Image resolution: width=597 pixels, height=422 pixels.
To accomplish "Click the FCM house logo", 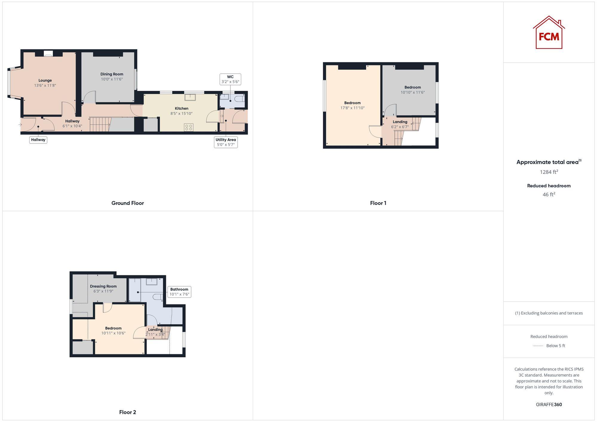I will tap(549, 33).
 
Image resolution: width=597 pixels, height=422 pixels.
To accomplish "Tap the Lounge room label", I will tap(45, 80).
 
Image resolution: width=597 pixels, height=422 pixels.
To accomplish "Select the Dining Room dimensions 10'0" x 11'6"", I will tap(112, 79).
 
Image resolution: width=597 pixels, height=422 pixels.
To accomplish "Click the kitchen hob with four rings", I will tap(189, 127).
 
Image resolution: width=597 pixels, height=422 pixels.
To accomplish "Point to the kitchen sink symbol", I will tap(190, 97).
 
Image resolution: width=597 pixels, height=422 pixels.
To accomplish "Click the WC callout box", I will tap(230, 79).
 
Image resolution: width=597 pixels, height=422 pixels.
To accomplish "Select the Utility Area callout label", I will tap(226, 142).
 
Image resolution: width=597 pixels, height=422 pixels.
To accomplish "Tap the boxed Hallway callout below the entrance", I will tap(38, 140).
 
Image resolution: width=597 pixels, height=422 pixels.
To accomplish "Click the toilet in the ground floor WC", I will tap(240, 99).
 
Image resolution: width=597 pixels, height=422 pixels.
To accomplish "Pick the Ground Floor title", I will tap(127, 203).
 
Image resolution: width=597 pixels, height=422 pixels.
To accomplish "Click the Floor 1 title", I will tap(378, 203).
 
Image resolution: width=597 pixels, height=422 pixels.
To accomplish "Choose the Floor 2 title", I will tap(127, 412).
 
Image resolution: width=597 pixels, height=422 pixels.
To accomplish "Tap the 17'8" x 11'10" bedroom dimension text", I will tap(353, 108).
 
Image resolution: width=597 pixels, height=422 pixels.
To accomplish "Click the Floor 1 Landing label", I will tap(400, 122).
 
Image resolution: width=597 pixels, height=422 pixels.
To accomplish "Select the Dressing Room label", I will tap(103, 286).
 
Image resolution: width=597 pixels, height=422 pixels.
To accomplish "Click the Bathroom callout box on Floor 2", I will tap(179, 292).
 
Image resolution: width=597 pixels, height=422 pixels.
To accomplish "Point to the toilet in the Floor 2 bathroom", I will tap(157, 297).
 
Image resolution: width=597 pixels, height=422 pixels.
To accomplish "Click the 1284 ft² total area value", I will tap(549, 172).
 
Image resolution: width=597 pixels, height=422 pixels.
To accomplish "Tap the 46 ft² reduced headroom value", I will tap(549, 194).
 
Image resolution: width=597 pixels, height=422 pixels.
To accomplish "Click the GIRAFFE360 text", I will tap(549, 404).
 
